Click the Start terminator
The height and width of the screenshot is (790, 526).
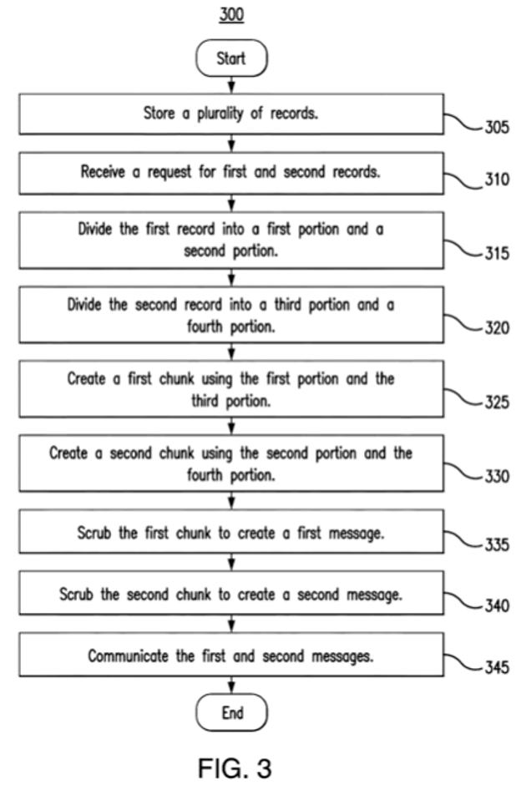(x=231, y=58)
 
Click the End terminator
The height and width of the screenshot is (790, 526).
(x=231, y=712)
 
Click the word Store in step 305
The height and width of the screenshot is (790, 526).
(x=159, y=114)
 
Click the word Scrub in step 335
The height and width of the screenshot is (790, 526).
(x=96, y=534)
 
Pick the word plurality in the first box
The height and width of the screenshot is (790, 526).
(x=229, y=114)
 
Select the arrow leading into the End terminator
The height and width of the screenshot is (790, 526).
(x=231, y=686)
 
